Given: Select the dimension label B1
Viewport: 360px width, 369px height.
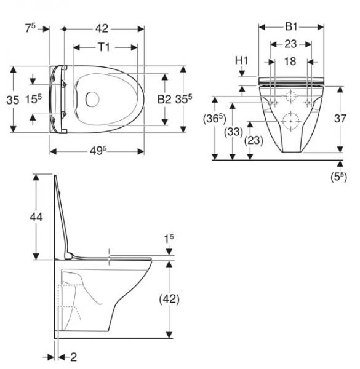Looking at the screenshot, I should click(291, 27).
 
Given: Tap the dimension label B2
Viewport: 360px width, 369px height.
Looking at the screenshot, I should click(163, 99).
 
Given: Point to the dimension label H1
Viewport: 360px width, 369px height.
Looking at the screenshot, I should click(241, 60).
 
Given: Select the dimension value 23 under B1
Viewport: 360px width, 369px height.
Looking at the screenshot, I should click(291, 44).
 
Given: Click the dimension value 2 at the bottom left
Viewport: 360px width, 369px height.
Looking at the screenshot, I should click(73, 356).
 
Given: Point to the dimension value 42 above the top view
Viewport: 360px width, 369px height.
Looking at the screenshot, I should click(102, 28).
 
